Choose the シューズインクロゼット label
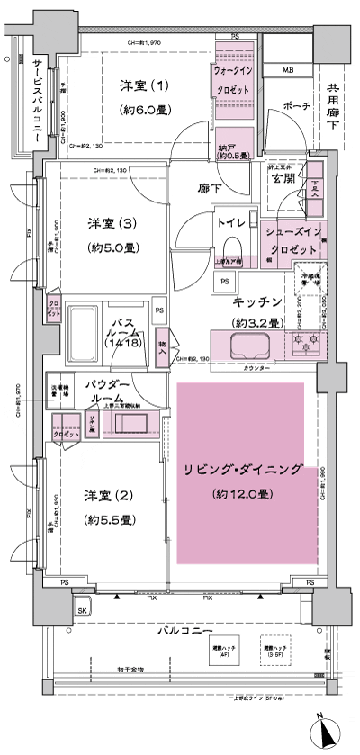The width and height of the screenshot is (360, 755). pyautogui.click(x=290, y=240)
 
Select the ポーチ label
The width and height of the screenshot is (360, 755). pyautogui.click(x=297, y=107)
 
